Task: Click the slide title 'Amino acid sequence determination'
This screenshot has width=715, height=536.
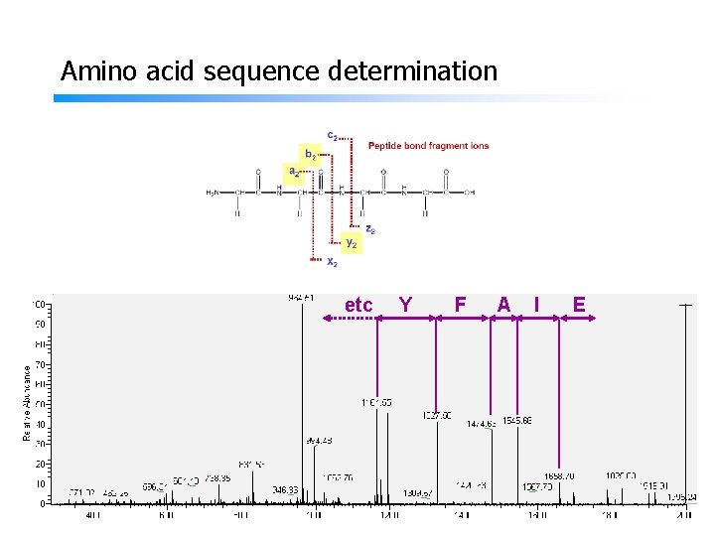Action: click(278, 71)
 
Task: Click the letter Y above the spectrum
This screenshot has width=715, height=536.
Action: click(405, 304)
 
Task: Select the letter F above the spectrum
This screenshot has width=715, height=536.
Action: click(460, 304)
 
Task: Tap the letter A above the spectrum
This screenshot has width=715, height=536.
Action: click(503, 304)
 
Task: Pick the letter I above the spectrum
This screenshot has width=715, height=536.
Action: click(536, 304)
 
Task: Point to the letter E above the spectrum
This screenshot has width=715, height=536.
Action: click(578, 304)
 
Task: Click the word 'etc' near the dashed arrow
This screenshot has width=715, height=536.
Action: click(357, 305)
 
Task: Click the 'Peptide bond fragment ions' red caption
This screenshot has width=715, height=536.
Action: click(428, 146)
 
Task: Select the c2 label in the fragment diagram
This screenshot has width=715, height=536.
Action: click(332, 135)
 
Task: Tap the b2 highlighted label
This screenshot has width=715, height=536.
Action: click(311, 155)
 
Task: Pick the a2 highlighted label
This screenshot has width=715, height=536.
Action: click(294, 172)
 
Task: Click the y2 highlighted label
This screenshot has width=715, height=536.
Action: click(352, 242)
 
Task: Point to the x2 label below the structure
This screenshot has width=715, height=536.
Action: click(333, 262)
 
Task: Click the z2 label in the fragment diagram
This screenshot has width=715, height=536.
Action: click(369, 228)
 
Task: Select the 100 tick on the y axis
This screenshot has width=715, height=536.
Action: click(39, 304)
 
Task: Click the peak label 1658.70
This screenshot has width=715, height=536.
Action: click(559, 476)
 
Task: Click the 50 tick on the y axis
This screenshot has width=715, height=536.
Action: click(41, 404)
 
